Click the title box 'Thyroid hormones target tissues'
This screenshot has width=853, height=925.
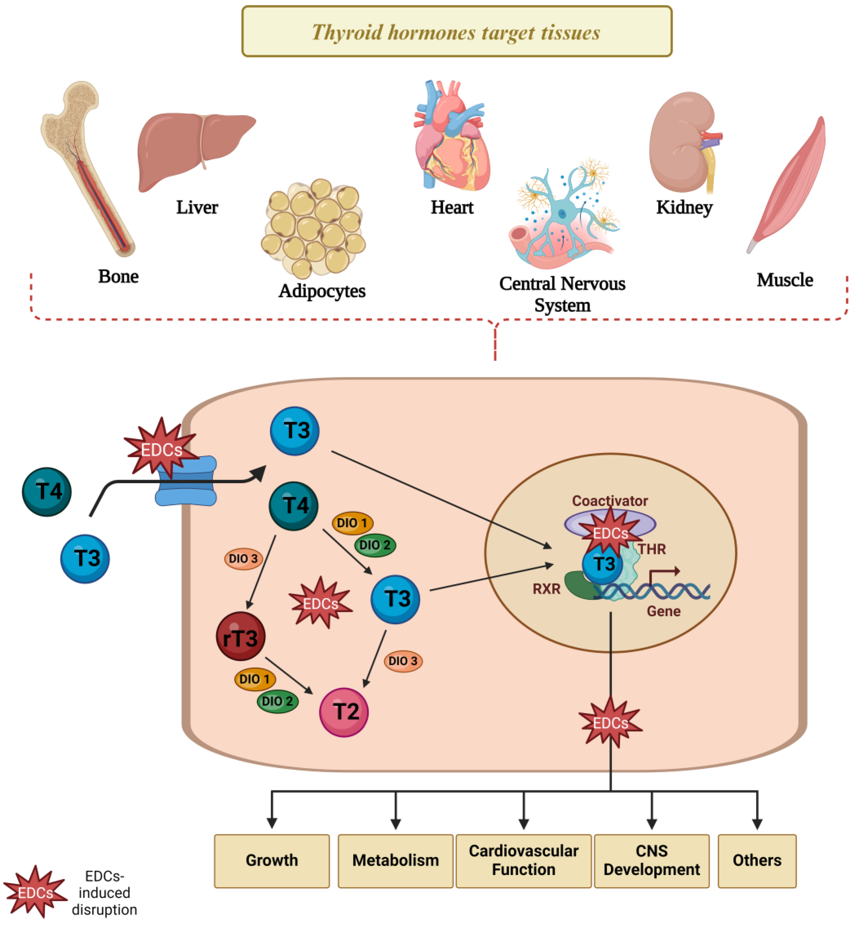(456, 31)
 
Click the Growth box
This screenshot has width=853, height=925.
(272, 860)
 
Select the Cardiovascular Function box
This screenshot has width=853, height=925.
(524, 860)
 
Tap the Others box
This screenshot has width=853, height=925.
(757, 860)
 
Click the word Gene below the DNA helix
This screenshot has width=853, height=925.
(663, 611)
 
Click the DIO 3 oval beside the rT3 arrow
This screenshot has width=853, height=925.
(243, 559)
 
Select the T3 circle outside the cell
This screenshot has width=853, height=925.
(85, 559)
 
